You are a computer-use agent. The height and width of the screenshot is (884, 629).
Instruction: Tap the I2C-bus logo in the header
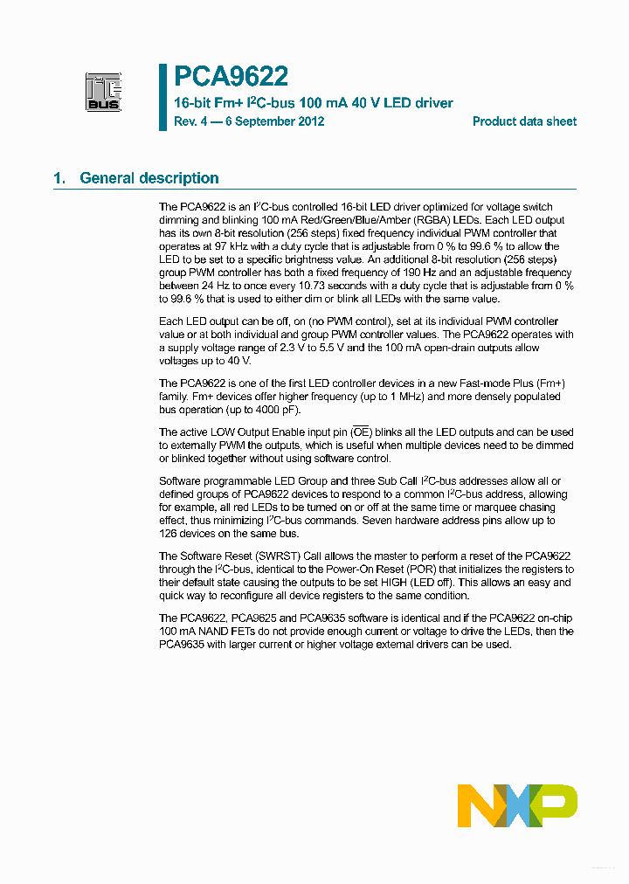click(103, 91)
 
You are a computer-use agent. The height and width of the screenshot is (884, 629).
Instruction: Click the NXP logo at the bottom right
click(517, 805)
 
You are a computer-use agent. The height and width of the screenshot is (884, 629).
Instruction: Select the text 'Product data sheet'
click(524, 121)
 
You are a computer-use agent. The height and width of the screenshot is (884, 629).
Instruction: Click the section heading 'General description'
click(149, 178)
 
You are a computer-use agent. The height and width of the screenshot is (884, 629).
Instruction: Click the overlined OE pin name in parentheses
click(360, 432)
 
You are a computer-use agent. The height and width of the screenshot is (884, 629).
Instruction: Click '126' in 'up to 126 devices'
click(169, 533)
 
